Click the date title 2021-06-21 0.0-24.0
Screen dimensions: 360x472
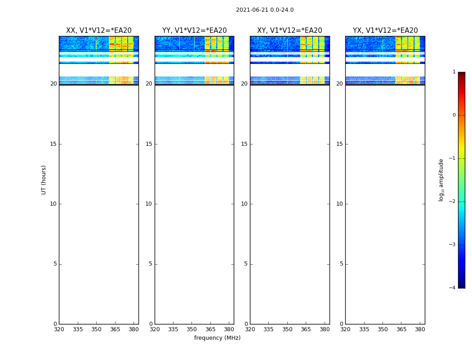[x=265, y=10]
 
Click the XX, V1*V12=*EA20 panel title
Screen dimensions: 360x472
[x=99, y=31]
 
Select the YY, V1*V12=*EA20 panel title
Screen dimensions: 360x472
[x=194, y=31]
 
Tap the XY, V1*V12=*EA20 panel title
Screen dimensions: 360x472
[x=289, y=31]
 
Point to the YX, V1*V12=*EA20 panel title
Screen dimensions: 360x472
[x=385, y=31]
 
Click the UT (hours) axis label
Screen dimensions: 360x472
[x=44, y=180]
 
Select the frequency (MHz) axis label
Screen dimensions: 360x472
[x=217, y=338]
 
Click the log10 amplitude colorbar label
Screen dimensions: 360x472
[x=441, y=180]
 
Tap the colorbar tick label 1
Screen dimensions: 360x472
[x=454, y=72]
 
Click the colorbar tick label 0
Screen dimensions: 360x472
[x=454, y=115]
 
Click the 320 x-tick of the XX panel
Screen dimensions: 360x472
[x=59, y=329]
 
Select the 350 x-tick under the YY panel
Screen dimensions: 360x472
[x=192, y=329]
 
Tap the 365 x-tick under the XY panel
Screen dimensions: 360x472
[x=306, y=329]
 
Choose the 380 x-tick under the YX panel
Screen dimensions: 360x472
[x=420, y=329]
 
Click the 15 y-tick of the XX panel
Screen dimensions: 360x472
[x=53, y=144]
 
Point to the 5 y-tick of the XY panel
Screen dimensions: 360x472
[x=246, y=264]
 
